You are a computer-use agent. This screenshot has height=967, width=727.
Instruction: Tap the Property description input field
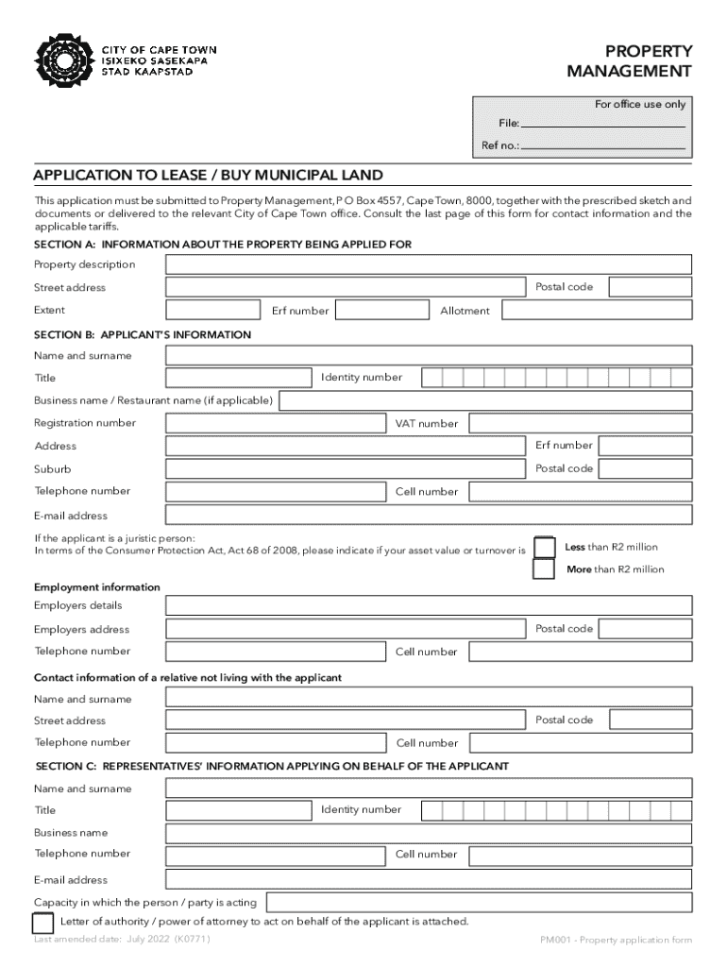click(429, 264)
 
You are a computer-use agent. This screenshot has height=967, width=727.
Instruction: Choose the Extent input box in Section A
click(212, 311)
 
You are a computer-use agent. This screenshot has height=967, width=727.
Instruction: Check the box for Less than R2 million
click(544, 548)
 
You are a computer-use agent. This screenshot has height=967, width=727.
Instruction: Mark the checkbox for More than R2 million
click(544, 569)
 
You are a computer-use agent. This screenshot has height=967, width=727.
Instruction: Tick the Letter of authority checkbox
click(43, 923)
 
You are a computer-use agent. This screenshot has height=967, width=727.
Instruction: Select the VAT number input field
click(581, 424)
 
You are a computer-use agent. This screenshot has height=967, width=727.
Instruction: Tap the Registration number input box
click(276, 424)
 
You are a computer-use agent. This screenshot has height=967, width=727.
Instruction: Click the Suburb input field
click(346, 469)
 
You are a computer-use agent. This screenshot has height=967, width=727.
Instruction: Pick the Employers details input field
click(429, 606)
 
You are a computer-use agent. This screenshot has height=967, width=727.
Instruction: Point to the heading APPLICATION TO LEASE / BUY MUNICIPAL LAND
click(209, 176)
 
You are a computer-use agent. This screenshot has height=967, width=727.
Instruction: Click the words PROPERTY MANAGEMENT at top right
click(629, 61)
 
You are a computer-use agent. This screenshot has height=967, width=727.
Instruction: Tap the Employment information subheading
click(97, 587)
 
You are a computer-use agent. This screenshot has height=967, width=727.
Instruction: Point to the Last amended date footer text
click(122, 941)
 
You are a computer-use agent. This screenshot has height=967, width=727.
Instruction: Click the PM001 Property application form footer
click(616, 941)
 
